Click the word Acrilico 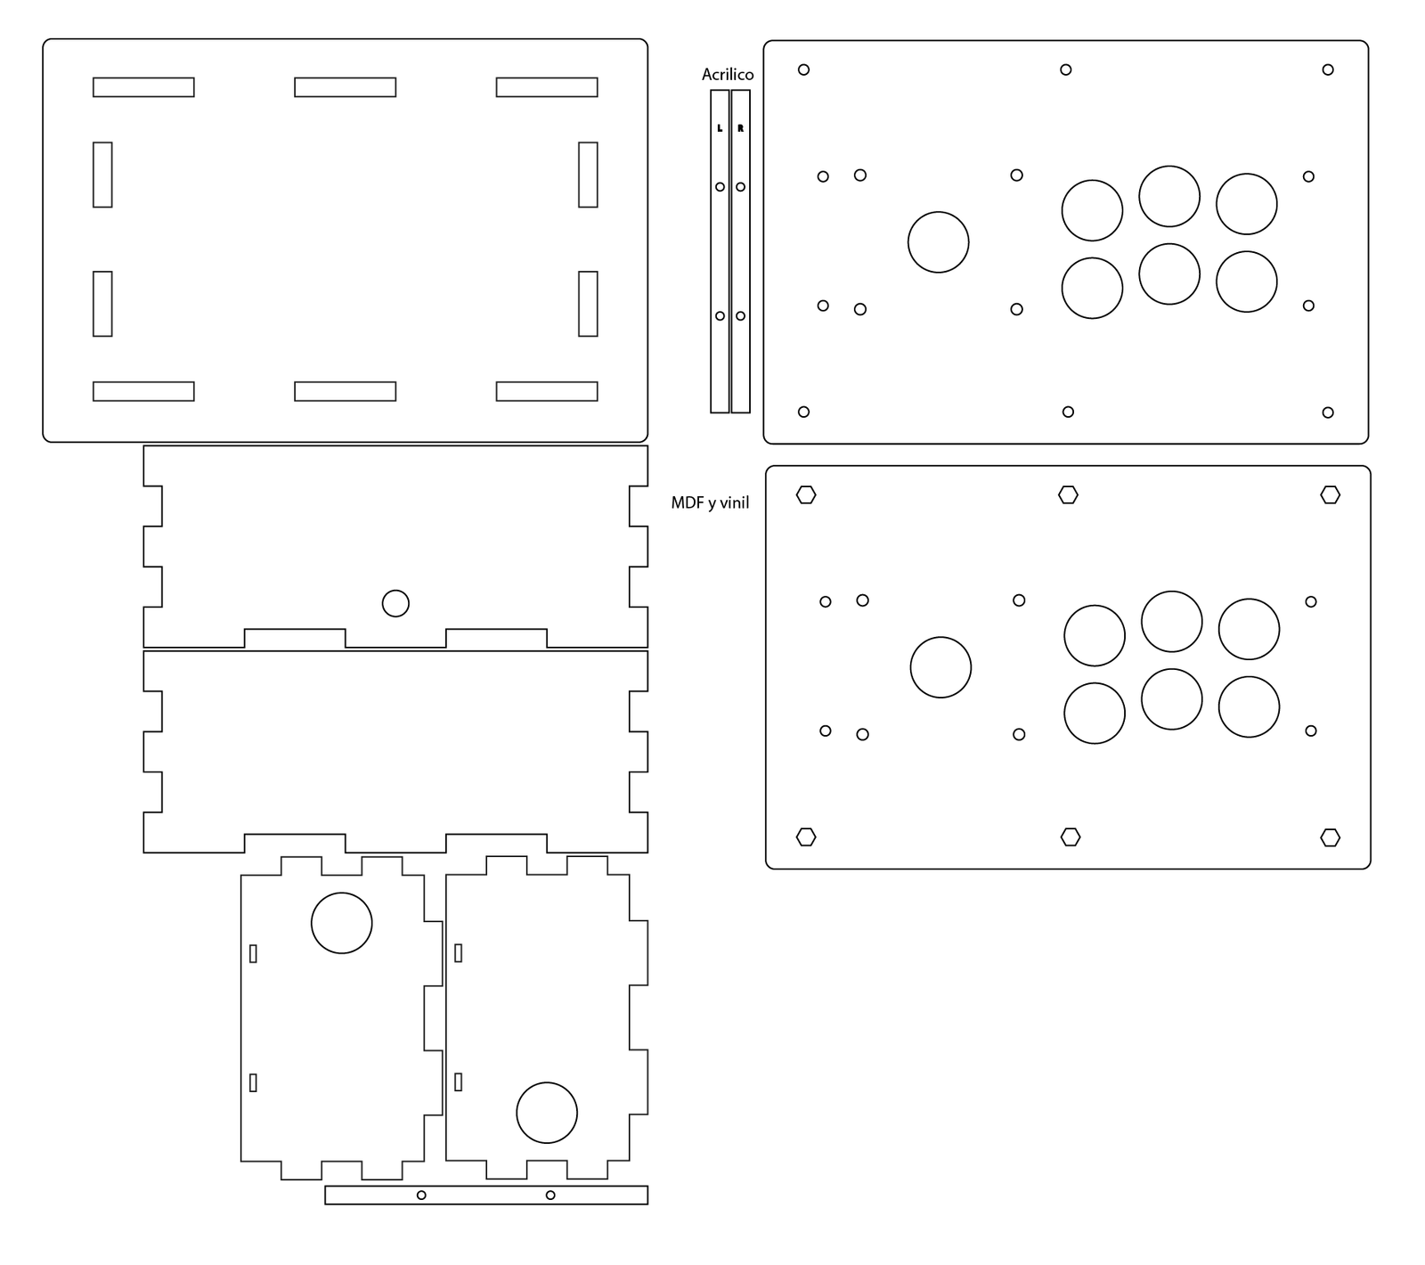coord(727,75)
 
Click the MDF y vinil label coord(710,503)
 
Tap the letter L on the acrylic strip coord(720,128)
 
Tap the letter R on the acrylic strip coord(740,128)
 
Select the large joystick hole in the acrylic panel coord(938,242)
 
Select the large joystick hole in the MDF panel coord(940,667)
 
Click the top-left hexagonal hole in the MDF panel coord(806,494)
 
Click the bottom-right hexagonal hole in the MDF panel coord(1330,837)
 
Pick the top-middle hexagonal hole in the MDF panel coord(1068,494)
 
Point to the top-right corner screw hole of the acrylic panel coord(1327,69)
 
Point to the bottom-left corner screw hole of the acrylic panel coord(803,412)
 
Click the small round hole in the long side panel coord(395,603)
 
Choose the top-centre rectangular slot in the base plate coord(345,87)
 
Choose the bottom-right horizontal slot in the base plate coord(546,391)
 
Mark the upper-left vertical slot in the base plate coord(102,175)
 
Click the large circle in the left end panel coord(341,923)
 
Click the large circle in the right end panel coord(546,1113)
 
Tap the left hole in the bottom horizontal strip coord(421,1195)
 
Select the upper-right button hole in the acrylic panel coord(1246,204)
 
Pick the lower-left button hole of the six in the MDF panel coord(1094,714)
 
